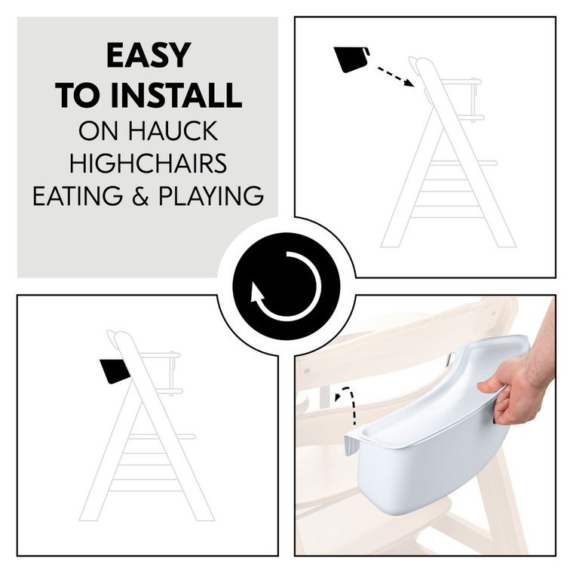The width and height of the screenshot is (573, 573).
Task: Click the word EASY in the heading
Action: pos(149,56)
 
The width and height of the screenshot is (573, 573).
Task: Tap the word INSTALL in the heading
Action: pos(176,95)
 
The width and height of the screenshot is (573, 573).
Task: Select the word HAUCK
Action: pos(173,130)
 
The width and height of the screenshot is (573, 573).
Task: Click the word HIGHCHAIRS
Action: pos(148,163)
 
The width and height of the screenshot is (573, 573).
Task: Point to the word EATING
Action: pos(78,195)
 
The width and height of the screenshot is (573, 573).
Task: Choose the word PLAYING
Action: pos(211,195)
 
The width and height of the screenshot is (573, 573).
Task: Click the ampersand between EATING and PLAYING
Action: pos(141,196)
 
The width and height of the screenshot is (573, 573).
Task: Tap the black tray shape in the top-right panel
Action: pos(351,60)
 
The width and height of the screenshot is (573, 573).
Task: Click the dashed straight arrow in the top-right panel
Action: pos(396,77)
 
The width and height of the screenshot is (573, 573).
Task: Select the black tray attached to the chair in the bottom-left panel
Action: pos(115,370)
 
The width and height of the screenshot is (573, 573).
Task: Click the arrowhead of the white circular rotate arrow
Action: pos(258,293)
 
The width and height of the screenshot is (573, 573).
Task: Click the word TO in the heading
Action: pos(80,95)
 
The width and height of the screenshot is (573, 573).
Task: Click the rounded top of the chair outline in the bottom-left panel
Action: pos(121,337)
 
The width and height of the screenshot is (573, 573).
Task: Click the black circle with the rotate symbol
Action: pos(286,286)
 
